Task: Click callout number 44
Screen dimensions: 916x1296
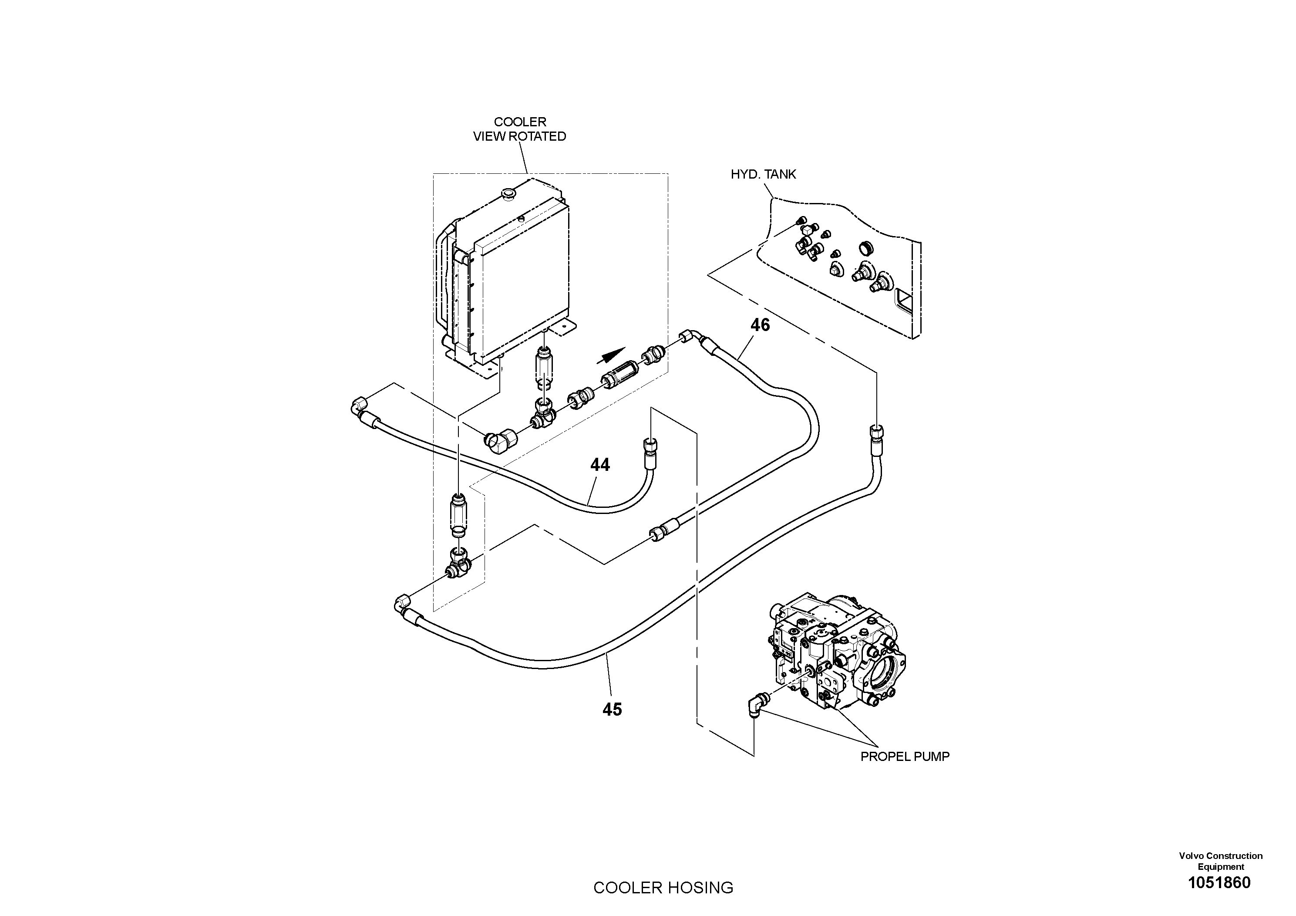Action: (600, 465)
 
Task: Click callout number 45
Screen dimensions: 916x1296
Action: (612, 709)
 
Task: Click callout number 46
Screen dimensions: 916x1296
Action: (760, 325)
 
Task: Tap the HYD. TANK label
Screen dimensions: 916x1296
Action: (763, 175)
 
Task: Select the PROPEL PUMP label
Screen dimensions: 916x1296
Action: (904, 757)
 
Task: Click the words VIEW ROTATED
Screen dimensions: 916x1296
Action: (519, 137)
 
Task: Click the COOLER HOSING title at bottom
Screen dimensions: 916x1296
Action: (663, 888)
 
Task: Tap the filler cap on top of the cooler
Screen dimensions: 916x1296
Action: (508, 195)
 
